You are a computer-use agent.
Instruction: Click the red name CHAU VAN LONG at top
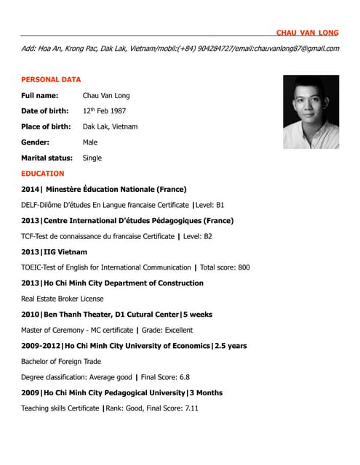pos(307,33)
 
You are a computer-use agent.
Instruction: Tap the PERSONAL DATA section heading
pos(51,79)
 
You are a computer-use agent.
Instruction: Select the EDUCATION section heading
pos(43,174)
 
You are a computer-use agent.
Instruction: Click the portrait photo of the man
pos(311,112)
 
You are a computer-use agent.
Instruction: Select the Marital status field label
pos(47,158)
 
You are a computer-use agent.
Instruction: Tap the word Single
pos(92,158)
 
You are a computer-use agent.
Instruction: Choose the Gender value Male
pos(90,142)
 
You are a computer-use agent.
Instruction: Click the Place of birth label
pos(46,126)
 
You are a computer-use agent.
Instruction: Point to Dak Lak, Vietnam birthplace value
pos(110,126)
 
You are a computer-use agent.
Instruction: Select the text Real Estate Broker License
pos(63,299)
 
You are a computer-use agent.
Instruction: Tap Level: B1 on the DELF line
pos(211,205)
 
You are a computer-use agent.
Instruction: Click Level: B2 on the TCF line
pos(198,236)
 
